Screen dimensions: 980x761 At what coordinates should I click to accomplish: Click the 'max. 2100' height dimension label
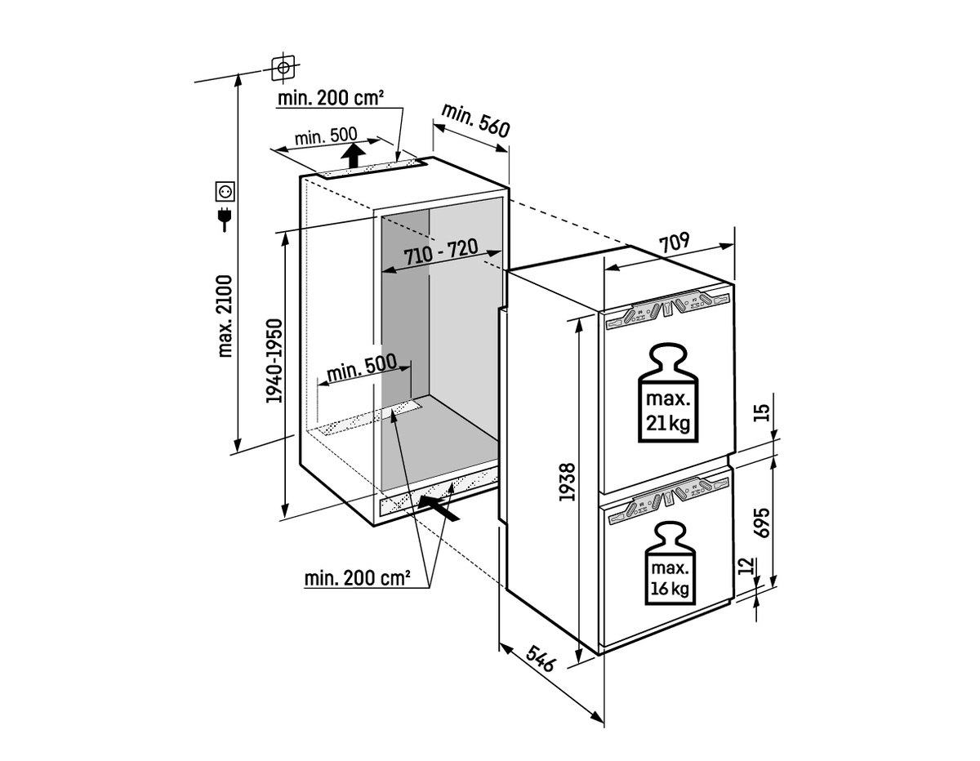pyautogui.click(x=225, y=317)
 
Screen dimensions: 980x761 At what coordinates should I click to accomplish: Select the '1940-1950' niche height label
pyautogui.click(x=274, y=361)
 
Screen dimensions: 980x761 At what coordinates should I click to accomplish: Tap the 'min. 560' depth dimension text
pyautogui.click(x=475, y=120)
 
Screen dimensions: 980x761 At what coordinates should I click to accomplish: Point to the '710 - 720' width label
pyautogui.click(x=441, y=252)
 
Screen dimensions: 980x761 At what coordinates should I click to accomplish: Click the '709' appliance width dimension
pyautogui.click(x=675, y=243)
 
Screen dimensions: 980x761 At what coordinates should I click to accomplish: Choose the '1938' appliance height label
pyautogui.click(x=568, y=482)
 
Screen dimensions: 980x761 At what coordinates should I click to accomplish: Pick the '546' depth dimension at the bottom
pyautogui.click(x=541, y=659)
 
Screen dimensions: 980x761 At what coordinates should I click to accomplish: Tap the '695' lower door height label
pyautogui.click(x=762, y=523)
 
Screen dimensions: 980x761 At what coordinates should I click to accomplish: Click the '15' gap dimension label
pyautogui.click(x=761, y=412)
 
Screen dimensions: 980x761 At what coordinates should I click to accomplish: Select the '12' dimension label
pyautogui.click(x=746, y=565)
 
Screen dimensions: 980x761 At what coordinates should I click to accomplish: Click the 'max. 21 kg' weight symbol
pyautogui.click(x=668, y=393)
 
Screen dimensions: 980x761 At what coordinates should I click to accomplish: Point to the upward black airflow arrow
pyautogui.click(x=353, y=155)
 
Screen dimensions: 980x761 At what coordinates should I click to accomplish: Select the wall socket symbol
pyautogui.click(x=225, y=192)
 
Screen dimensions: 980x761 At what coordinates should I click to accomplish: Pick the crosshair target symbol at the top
pyautogui.click(x=283, y=68)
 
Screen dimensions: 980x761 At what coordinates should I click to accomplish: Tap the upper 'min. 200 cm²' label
pyautogui.click(x=331, y=97)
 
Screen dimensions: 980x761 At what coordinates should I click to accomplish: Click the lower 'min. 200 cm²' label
pyautogui.click(x=357, y=578)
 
